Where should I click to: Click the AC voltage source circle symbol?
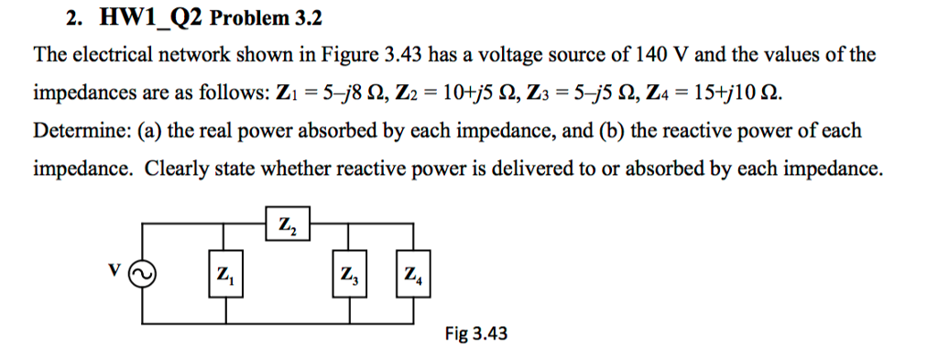pos(144,273)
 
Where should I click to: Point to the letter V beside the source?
pos(114,270)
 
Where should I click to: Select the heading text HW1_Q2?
pos(129,19)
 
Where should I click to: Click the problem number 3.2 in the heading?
pos(306,19)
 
